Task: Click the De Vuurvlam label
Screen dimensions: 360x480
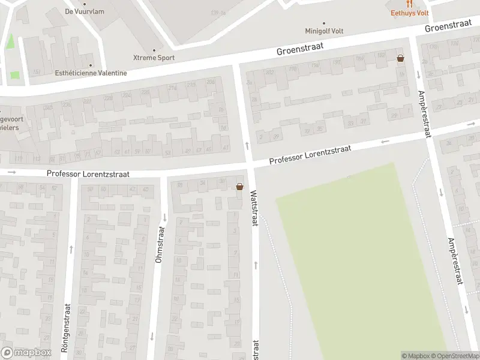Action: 80,11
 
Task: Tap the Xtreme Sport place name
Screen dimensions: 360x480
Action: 154,58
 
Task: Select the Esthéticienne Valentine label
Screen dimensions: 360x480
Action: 90,73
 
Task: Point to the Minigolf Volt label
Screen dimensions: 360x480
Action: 325,31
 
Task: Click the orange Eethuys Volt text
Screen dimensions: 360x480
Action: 410,13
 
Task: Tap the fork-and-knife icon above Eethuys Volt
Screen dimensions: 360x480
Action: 410,4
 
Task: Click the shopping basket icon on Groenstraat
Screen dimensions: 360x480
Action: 400,58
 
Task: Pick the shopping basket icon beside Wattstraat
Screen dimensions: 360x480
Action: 240,187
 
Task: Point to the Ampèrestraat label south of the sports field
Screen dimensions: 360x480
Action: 457,260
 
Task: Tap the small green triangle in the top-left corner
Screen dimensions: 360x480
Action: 10,42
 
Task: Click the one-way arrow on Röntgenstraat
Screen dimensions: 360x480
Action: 71,247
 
